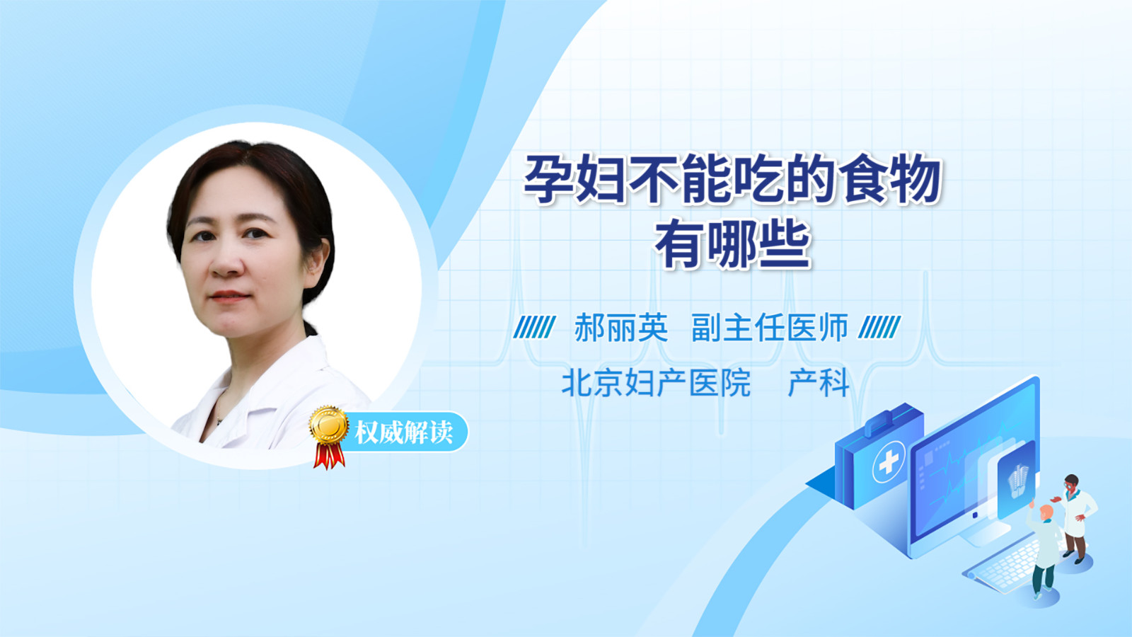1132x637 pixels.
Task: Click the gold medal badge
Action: click(x=329, y=425)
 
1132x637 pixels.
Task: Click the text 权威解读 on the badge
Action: click(x=403, y=432)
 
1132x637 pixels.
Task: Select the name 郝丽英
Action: click(x=621, y=328)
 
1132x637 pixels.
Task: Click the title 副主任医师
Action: click(x=770, y=328)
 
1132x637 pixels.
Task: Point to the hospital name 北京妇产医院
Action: click(x=656, y=383)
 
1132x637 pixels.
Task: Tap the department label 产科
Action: click(x=819, y=383)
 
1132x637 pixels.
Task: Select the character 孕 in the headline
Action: click(x=548, y=179)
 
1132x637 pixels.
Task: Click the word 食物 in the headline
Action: click(x=890, y=179)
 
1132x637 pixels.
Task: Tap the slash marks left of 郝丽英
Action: click(x=534, y=327)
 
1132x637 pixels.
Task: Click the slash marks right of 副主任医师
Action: click(x=879, y=327)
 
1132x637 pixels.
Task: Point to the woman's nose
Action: click(x=227, y=262)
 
